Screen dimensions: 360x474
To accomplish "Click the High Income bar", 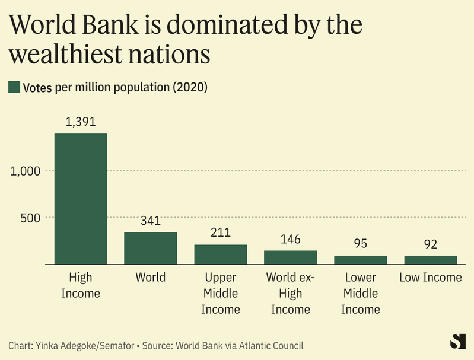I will tap(81, 199).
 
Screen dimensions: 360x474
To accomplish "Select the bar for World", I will tap(150, 248).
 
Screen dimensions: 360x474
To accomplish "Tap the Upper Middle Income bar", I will tap(220, 254).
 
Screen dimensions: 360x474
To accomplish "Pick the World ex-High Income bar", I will tap(290, 257).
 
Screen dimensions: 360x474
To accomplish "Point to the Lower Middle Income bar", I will tap(360, 260).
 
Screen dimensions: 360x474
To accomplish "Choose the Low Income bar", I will tap(430, 260).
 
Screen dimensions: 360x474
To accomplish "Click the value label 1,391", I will tap(81, 122).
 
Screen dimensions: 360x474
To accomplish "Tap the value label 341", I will tap(150, 221).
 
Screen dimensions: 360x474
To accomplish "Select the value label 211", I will tap(220, 233).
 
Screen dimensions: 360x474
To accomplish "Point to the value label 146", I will tap(290, 240).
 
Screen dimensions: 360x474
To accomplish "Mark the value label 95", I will tap(360, 244).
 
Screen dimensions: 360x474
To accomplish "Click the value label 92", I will tap(430, 244).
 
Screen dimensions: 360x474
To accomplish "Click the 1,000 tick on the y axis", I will tap(25, 171).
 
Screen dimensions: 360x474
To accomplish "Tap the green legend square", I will tap(14, 87).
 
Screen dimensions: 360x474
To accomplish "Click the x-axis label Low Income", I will tap(430, 278).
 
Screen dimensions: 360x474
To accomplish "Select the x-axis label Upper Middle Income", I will tap(220, 294).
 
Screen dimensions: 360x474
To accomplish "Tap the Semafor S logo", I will tap(457, 342).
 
